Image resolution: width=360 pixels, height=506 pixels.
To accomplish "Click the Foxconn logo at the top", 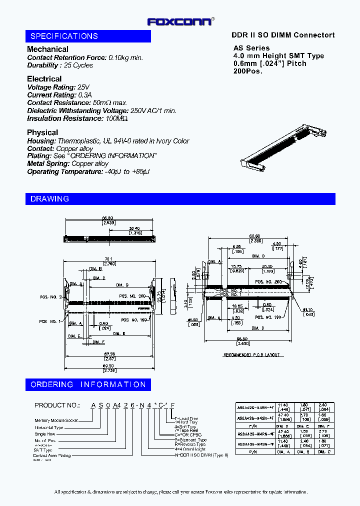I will tap(180, 21).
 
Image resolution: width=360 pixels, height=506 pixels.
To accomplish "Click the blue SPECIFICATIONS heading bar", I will tap(88, 36).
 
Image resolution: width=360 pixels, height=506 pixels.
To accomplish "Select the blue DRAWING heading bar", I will tap(180, 198).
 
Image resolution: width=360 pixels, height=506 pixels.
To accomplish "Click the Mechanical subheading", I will tap(47, 49).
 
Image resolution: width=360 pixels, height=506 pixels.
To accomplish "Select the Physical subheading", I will tap(42, 132).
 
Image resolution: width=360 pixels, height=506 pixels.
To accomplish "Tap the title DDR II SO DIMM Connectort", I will tap(283, 35).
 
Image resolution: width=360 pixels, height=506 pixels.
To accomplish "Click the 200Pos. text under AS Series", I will tap(247, 71).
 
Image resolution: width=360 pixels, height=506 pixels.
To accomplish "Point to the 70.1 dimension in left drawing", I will tap(108, 259).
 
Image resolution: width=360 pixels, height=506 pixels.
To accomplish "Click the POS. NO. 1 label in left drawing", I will tap(51, 321).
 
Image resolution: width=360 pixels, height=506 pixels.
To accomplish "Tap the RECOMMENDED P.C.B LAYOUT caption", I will tap(251, 354).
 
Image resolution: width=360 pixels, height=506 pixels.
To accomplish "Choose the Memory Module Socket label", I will tap(56, 420).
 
